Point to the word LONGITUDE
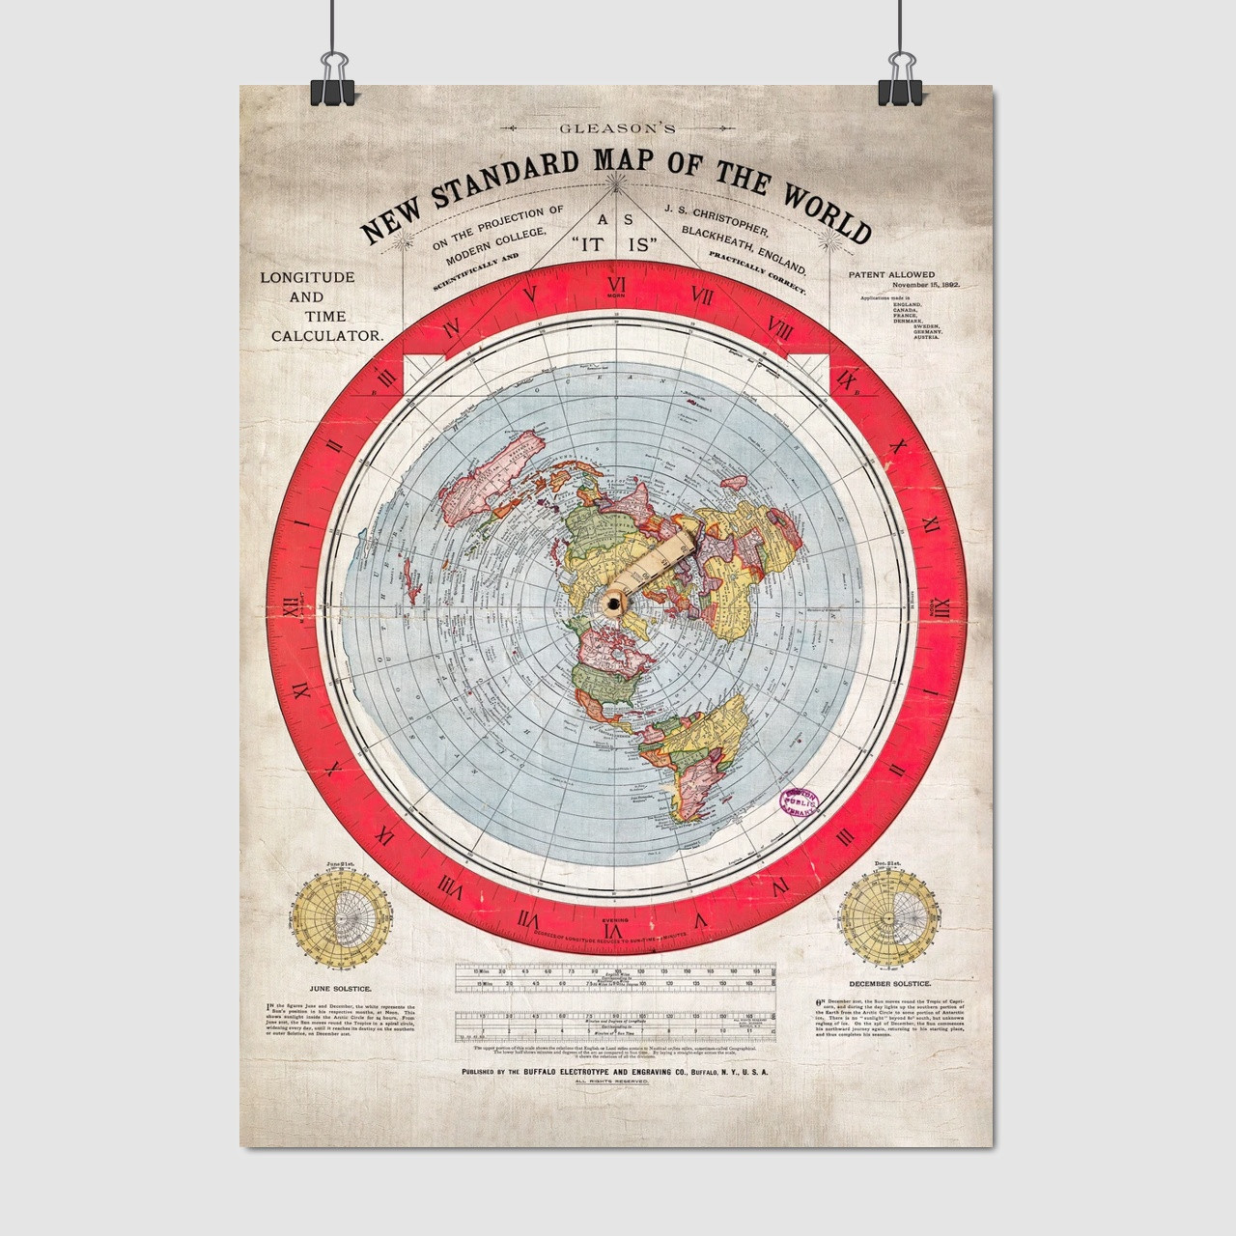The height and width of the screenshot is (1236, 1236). tap(307, 277)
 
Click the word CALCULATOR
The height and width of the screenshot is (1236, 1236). tap(326, 335)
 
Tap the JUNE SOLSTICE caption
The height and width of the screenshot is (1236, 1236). tap(333, 988)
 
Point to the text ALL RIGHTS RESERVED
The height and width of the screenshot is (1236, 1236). tap(615, 1082)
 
